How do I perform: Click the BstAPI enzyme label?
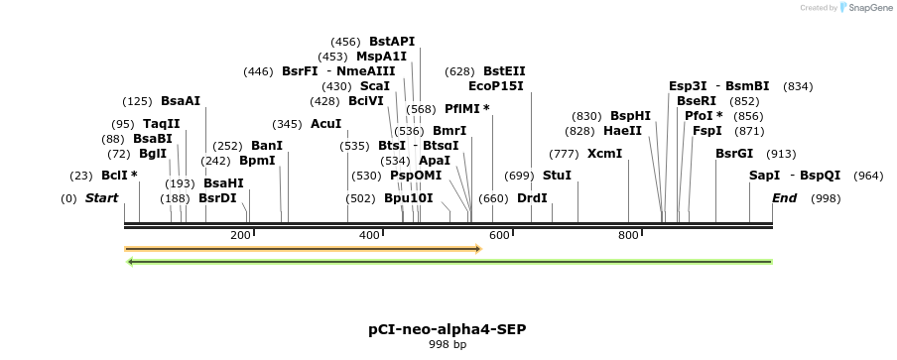coord(392,42)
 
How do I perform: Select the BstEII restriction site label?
coord(504,71)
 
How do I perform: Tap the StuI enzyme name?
coord(557,175)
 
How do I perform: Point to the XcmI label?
coord(604,153)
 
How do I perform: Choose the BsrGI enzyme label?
coord(734,153)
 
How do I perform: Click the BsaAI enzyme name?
coord(181,101)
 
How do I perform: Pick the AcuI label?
coord(325,124)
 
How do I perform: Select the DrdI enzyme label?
coord(532,198)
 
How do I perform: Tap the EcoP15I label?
coord(496,86)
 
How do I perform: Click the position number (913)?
coord(781,153)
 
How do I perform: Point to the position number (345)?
coord(287,124)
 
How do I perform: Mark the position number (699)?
coord(519,175)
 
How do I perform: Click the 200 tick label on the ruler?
coord(240,235)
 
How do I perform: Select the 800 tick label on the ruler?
coord(628,235)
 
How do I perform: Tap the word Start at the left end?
coord(101,198)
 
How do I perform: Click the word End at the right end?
coord(784,198)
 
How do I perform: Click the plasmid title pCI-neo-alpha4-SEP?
coord(447,328)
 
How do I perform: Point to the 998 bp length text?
coord(447,344)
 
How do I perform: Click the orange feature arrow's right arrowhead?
coord(477,248)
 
